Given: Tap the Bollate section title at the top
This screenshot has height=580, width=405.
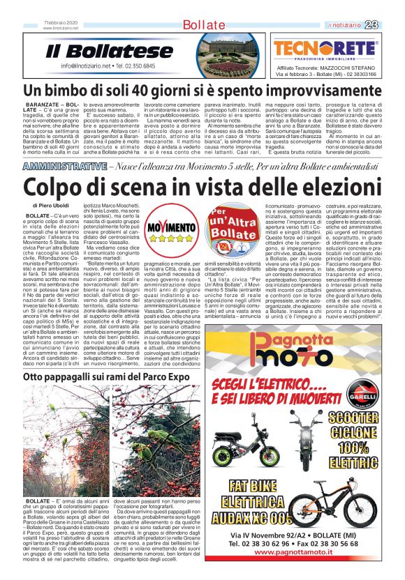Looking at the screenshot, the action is coord(202,26).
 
